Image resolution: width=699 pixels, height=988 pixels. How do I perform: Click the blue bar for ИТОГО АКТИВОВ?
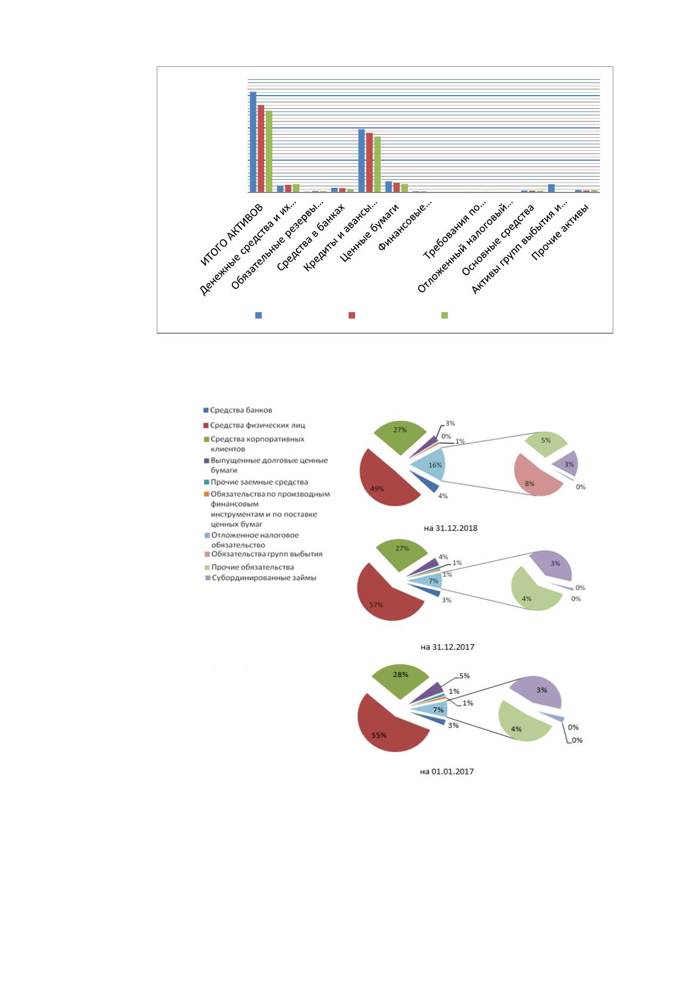pyautogui.click(x=253, y=142)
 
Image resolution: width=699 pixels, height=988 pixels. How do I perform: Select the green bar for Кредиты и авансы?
pyautogui.click(x=377, y=164)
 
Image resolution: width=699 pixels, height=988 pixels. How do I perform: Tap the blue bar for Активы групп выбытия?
pyautogui.click(x=551, y=188)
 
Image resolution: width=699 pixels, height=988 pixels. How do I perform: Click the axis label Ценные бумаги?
pyautogui.click(x=370, y=232)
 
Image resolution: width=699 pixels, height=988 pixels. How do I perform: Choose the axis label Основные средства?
pyautogui.click(x=498, y=239)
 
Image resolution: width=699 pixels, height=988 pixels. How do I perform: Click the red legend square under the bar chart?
pyautogui.click(x=352, y=316)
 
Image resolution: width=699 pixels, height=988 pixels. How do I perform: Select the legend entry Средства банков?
pyautogui.click(x=238, y=410)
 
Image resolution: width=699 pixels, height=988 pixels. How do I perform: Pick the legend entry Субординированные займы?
pyautogui.click(x=261, y=578)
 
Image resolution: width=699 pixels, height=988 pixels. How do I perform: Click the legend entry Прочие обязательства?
pyautogui.click(x=249, y=567)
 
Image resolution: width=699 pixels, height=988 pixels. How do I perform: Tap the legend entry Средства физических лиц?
pyautogui.click(x=254, y=425)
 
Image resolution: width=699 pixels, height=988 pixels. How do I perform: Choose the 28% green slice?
pyautogui.click(x=400, y=679)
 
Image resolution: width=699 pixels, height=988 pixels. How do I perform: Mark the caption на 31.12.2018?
pyautogui.click(x=451, y=528)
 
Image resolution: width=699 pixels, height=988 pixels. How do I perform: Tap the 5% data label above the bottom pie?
pyautogui.click(x=464, y=676)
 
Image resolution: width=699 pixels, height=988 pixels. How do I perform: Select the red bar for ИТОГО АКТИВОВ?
pyautogui.click(x=261, y=148)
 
